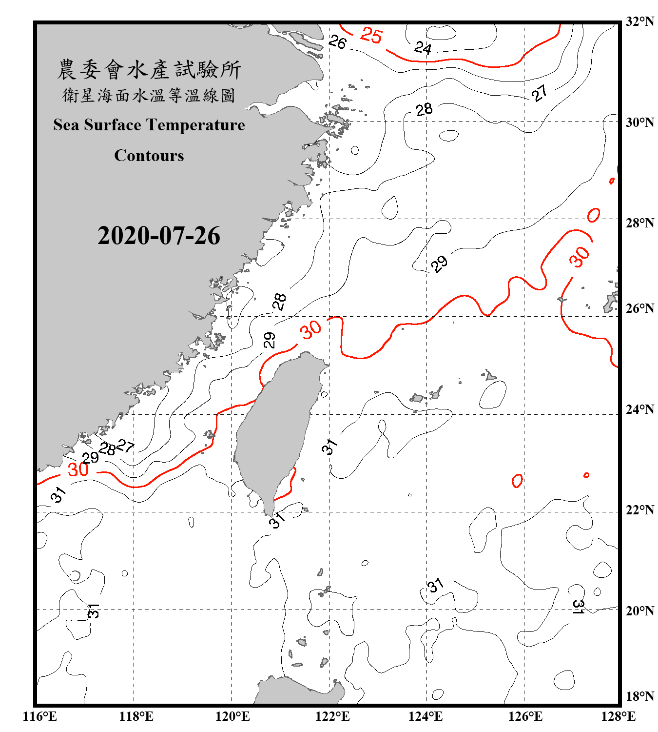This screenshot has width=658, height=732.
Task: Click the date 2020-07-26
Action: coord(159,236)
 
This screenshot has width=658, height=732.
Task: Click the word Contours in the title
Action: coord(149,155)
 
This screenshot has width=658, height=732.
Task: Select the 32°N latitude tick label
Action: coord(639,21)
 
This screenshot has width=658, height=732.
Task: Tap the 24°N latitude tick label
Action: coord(639,409)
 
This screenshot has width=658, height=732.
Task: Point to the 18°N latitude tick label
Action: coord(639,696)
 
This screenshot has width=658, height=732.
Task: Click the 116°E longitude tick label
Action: coord(40,716)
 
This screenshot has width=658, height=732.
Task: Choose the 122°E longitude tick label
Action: coord(332,716)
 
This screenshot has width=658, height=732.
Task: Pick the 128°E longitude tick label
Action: coord(618,716)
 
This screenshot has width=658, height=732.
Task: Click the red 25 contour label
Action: coord(371,35)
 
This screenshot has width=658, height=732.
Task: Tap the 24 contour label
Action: coord(423,48)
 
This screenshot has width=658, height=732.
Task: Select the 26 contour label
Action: coord(337,42)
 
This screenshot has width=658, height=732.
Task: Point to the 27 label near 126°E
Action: coord(539,93)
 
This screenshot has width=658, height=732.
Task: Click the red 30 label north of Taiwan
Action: coord(311,330)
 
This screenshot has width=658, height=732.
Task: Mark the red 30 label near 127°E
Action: coord(580,257)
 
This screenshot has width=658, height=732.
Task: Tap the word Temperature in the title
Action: coord(195,125)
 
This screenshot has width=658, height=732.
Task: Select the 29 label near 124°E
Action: coord(439,264)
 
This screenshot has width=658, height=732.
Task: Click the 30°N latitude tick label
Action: coord(639,122)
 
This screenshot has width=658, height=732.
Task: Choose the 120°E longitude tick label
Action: coord(232,716)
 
